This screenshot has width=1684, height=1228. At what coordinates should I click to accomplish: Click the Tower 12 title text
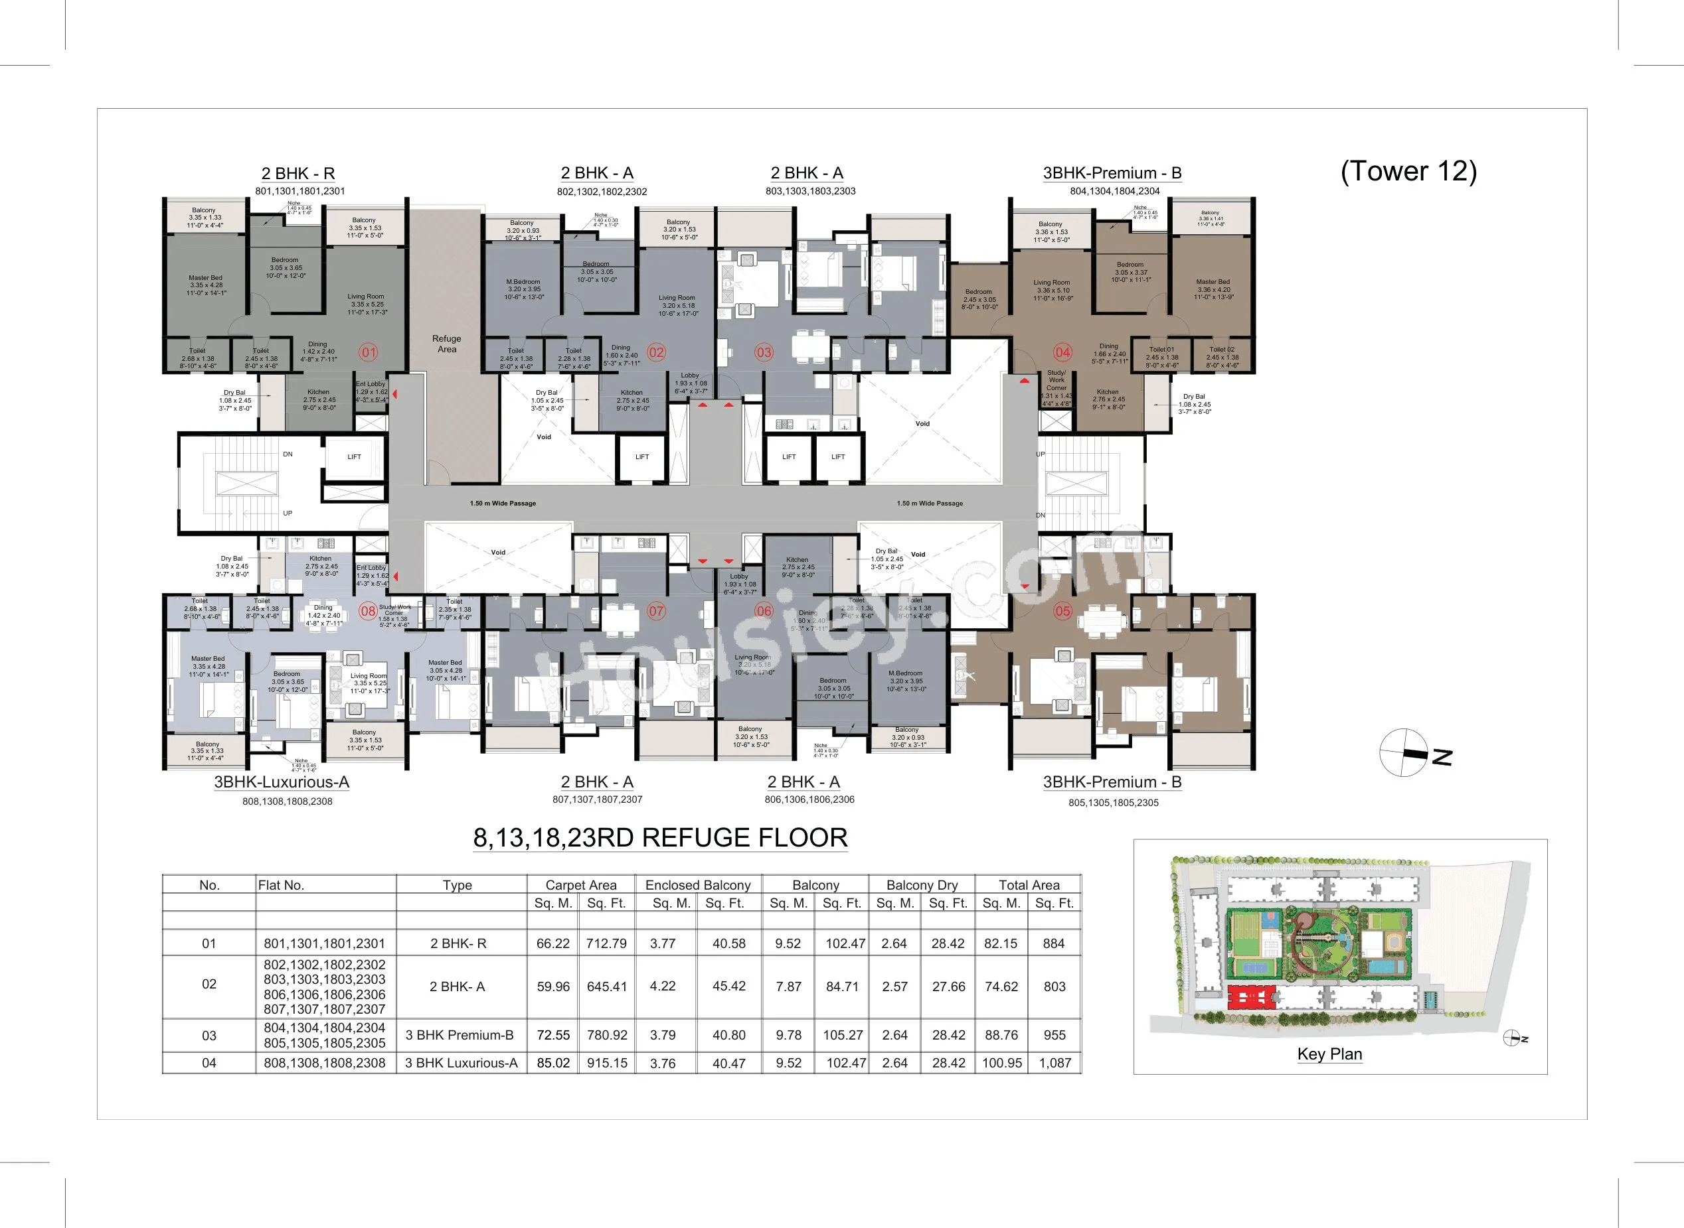[x=1408, y=171]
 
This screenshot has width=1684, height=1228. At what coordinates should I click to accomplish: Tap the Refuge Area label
[x=446, y=344]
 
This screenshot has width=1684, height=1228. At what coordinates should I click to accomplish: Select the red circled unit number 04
[x=1062, y=352]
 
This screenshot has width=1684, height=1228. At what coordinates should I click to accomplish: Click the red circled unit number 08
[x=368, y=611]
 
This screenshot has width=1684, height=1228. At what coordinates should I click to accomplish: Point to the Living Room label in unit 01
[x=367, y=303]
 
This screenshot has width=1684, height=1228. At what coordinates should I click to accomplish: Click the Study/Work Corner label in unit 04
[x=1056, y=381]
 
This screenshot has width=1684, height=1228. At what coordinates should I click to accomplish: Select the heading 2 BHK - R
[x=297, y=173]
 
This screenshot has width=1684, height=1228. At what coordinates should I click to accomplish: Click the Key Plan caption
[x=1329, y=1054]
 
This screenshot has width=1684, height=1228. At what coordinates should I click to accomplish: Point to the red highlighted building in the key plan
[x=1250, y=996]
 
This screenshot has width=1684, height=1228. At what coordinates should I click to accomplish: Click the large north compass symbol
[x=1404, y=753]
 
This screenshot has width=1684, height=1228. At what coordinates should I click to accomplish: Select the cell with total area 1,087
[x=1054, y=1063]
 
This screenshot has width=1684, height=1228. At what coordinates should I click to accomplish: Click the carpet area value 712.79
[x=606, y=943]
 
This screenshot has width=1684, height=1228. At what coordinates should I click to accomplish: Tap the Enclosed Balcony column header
[x=698, y=884]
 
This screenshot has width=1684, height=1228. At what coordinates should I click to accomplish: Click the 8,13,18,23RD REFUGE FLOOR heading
[x=661, y=838]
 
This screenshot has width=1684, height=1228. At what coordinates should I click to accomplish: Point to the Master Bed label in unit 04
[x=1214, y=289]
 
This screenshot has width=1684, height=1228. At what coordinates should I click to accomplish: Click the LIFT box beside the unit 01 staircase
[x=354, y=457]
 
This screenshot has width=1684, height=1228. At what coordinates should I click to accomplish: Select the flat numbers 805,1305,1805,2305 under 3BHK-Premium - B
[x=1113, y=803]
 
